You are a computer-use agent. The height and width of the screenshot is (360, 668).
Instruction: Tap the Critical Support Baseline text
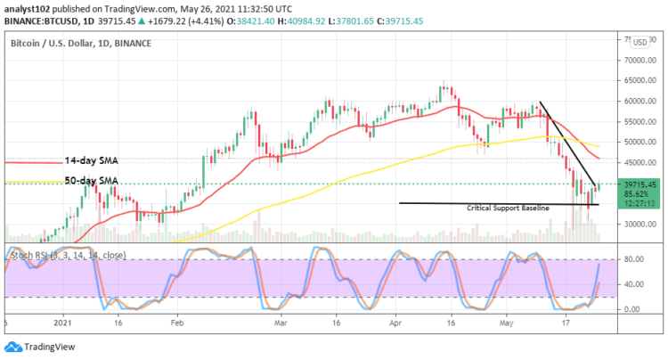508,207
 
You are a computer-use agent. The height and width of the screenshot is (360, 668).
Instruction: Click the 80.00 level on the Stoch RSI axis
633,259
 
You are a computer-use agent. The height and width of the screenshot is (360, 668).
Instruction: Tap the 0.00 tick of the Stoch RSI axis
633,309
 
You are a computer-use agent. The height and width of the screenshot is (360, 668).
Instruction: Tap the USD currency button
638,42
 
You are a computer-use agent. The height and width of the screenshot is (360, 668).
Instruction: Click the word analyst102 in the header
27,8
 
